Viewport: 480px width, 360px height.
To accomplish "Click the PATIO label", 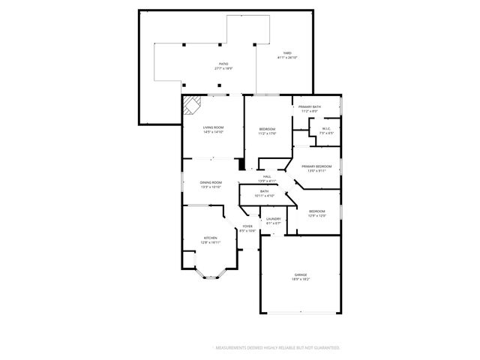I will tap(223, 64).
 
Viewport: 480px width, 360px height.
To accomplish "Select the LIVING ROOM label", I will tap(214, 127).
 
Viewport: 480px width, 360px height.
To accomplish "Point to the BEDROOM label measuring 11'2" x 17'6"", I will tap(268, 130).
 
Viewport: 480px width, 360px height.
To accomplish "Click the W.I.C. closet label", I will tap(326, 128).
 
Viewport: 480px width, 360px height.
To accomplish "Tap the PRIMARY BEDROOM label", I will tap(316, 166).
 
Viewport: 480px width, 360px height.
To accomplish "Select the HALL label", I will tap(267, 177).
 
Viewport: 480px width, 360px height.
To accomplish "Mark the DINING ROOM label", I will tap(211, 183).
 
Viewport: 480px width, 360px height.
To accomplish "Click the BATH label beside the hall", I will tap(265, 191).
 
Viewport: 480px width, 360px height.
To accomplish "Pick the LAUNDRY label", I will tap(273, 219).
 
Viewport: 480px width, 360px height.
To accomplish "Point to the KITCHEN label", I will tap(210, 238).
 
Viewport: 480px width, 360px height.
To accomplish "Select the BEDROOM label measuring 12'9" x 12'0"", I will tap(316, 212).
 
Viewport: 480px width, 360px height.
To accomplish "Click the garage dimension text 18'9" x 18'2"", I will tap(300, 280).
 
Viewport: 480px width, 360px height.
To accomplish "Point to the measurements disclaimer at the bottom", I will tap(277, 348).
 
